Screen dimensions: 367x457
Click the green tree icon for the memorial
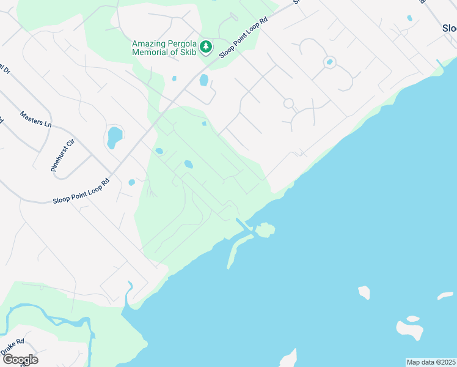point(207,46)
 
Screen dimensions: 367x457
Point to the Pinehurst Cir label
point(63,155)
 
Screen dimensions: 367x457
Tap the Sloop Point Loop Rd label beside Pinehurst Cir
point(81,191)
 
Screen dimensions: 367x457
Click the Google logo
point(20,360)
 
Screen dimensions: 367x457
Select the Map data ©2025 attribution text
point(431,362)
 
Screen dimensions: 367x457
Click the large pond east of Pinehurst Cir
point(114,137)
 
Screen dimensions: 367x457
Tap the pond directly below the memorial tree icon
point(204,80)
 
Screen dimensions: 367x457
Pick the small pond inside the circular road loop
point(329,62)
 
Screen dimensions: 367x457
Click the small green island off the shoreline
point(265,230)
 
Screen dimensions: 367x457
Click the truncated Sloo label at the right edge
point(448,28)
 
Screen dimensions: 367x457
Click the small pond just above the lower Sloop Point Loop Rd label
point(131,182)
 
